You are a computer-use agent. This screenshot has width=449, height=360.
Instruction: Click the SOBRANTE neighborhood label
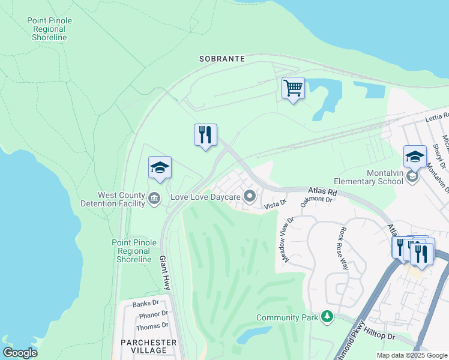pyautogui.click(x=222, y=59)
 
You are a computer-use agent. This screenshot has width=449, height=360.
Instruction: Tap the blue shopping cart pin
pyautogui.click(x=293, y=89)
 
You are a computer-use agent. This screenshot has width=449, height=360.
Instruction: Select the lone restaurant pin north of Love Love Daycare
pyautogui.click(x=205, y=135)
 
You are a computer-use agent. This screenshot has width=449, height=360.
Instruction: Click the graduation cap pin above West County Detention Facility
pyautogui.click(x=160, y=168)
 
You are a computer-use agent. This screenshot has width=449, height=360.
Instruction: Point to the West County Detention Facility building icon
pyautogui.click(x=154, y=198)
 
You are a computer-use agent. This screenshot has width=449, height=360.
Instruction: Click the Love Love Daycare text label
pyautogui.click(x=205, y=196)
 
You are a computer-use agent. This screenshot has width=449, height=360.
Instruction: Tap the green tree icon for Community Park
pyautogui.click(x=327, y=316)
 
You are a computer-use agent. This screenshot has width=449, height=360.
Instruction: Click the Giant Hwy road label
pyautogui.click(x=164, y=273)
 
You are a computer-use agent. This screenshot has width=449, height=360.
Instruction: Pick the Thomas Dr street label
pyautogui.click(x=152, y=326)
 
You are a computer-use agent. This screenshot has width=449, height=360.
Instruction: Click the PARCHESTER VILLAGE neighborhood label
pyautogui.click(x=148, y=346)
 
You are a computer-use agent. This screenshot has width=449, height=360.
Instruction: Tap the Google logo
pyautogui.click(x=20, y=352)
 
